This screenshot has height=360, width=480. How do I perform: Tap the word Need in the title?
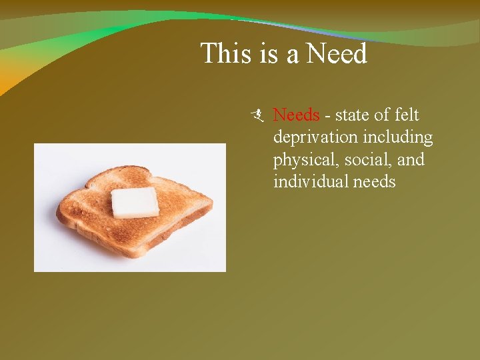(x=337, y=53)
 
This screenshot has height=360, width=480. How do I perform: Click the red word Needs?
(x=297, y=115)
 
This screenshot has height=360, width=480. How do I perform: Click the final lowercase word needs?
(x=375, y=182)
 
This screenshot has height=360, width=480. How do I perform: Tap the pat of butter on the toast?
(x=135, y=203)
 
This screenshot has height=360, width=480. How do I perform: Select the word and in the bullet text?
(x=411, y=161)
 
